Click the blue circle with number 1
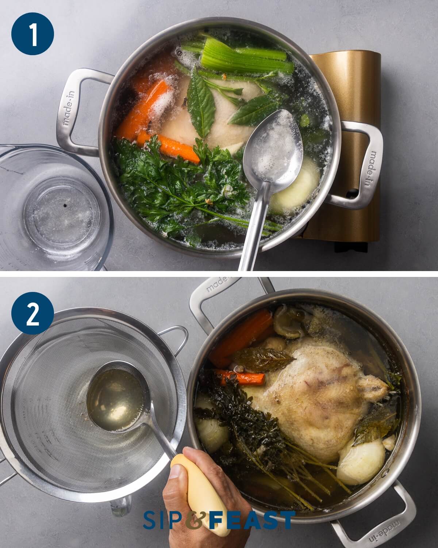[32, 34]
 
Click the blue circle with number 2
[32, 313]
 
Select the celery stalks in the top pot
[244, 57]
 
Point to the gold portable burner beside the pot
[349, 145]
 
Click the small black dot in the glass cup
[65, 205]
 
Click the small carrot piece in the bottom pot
[242, 378]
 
